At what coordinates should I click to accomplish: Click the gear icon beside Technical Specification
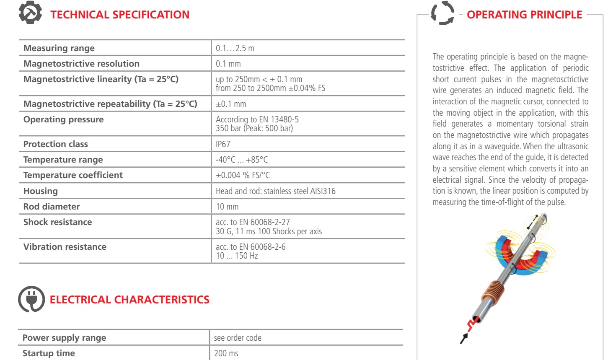(30, 13)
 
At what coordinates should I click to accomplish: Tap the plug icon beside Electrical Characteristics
(31, 299)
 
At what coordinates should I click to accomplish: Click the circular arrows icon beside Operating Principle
(442, 13)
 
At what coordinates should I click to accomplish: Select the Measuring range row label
(59, 48)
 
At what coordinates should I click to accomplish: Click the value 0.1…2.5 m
(235, 48)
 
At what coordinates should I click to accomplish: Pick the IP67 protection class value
(223, 144)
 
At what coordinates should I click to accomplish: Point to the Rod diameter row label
(52, 207)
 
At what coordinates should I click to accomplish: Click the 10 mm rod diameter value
(227, 207)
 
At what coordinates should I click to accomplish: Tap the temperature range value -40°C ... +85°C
(242, 160)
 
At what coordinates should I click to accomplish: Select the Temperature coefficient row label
(73, 175)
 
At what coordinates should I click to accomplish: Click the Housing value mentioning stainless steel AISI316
(275, 191)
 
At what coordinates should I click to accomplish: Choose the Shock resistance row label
(57, 222)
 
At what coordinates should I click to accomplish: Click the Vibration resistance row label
(65, 247)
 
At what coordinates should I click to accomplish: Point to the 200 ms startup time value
(226, 353)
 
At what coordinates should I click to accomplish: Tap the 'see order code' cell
(238, 338)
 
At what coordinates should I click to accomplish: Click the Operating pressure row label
(63, 119)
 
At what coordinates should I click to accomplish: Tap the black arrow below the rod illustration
(464, 338)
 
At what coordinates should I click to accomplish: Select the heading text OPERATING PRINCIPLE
(524, 15)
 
